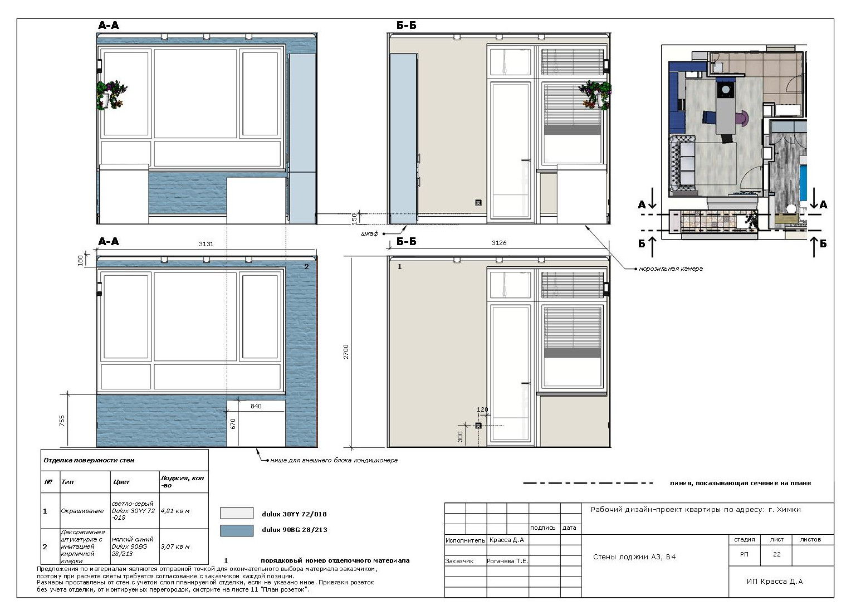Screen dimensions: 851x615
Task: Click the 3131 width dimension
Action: (206, 244)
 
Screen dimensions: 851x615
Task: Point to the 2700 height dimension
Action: (346, 352)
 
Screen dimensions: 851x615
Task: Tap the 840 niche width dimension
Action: (256, 406)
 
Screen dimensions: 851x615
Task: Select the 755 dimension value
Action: (62, 421)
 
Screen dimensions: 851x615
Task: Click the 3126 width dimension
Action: (499, 243)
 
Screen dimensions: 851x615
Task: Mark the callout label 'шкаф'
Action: (369, 233)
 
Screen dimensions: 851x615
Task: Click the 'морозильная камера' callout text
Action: (671, 269)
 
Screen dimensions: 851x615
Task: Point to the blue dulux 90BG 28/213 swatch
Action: (237, 530)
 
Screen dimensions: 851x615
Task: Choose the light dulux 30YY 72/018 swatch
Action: (237, 512)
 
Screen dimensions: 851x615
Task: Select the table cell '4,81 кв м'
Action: (175, 511)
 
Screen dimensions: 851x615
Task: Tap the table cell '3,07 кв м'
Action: (175, 546)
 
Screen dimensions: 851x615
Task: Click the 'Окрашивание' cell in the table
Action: (82, 511)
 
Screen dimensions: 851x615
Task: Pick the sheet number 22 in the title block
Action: (776, 554)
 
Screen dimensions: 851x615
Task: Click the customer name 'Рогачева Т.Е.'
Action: (507, 561)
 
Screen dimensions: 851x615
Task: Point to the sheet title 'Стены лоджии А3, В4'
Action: (634, 557)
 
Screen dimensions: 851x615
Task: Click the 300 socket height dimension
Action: (460, 436)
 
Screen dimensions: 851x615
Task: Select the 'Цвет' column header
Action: (121, 482)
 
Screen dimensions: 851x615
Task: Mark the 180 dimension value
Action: (80, 261)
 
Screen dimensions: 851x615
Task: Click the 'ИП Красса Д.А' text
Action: (775, 581)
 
